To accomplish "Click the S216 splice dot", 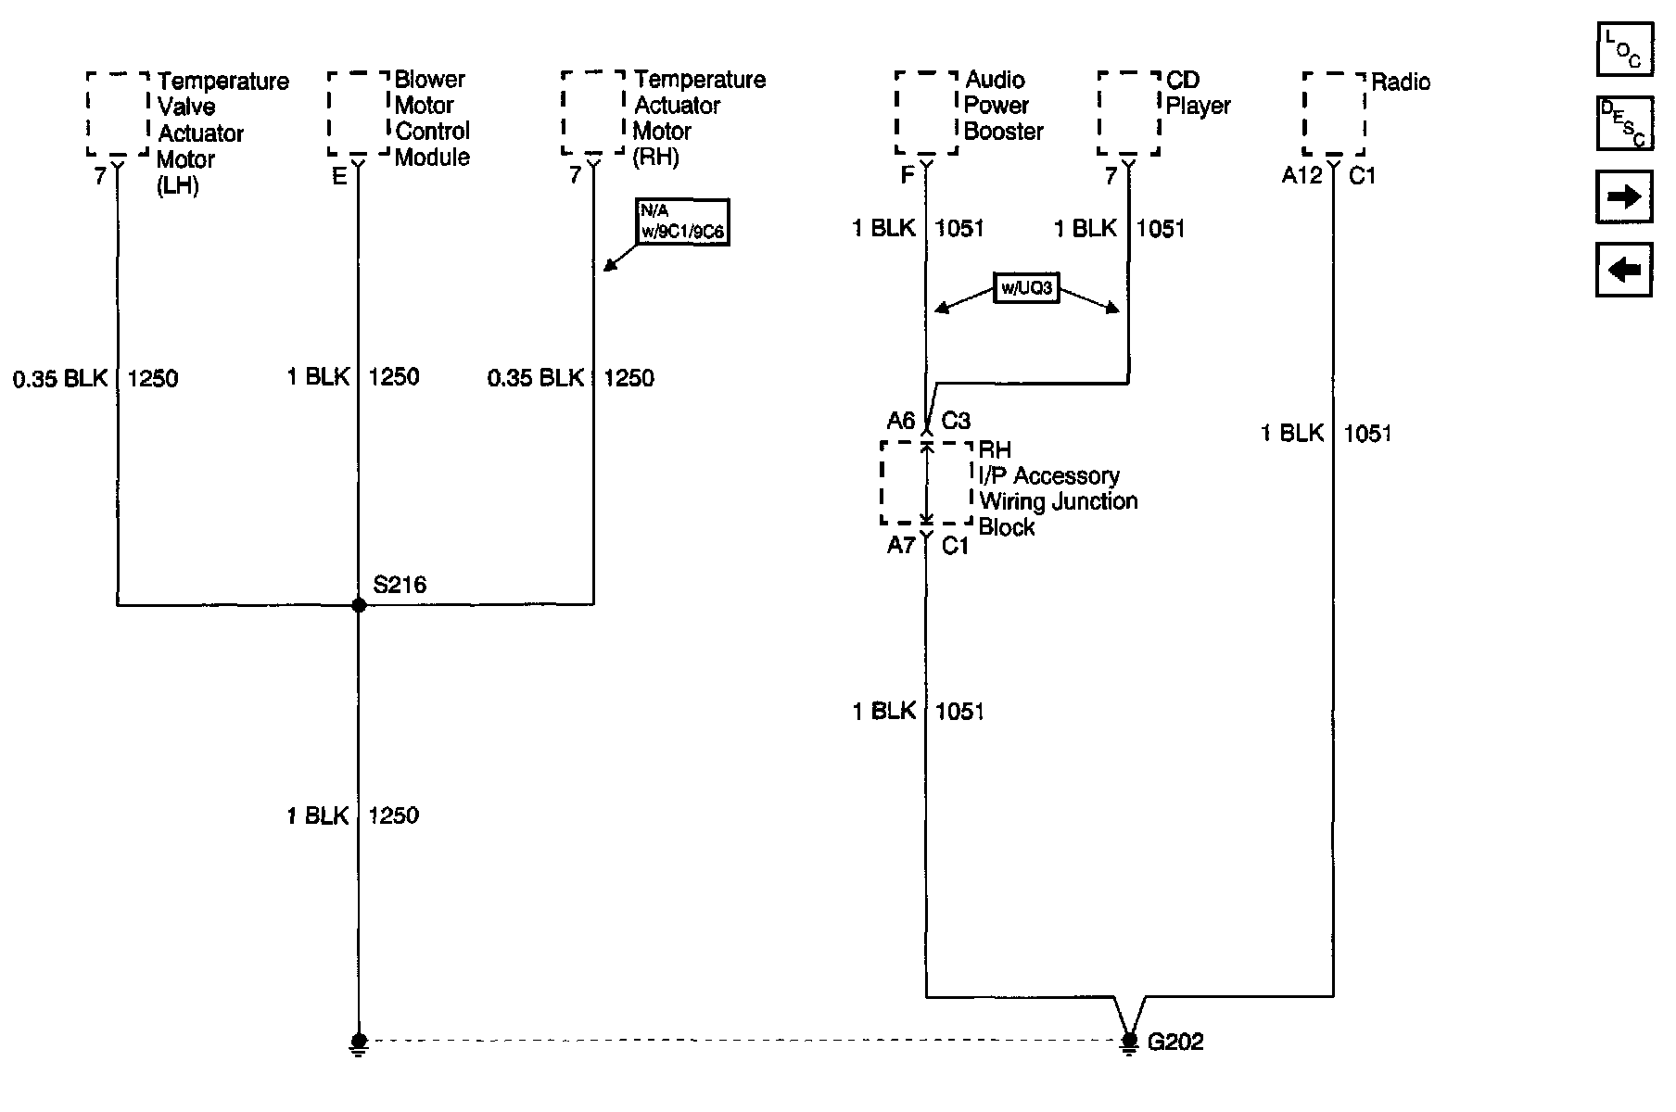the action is point(359,605).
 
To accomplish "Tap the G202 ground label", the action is point(1175,1042).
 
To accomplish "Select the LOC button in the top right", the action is point(1624,49).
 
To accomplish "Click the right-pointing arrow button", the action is point(1624,196).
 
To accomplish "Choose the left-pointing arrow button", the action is point(1624,270).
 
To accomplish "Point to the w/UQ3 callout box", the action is point(1025,288).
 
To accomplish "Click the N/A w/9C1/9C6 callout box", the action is point(682,222).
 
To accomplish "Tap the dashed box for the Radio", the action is point(1334,113).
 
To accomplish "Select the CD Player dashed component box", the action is point(1129,113).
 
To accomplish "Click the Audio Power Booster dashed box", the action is point(926,113).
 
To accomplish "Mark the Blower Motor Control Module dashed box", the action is point(359,113).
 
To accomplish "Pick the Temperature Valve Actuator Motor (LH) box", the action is point(118,113).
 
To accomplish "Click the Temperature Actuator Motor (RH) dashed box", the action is point(593,113).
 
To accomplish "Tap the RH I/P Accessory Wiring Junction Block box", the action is point(926,483).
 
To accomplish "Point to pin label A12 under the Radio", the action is point(1301,175).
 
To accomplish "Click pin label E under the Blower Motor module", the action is point(339,175).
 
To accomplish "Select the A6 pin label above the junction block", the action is point(901,422).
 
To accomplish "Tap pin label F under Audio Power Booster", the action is point(908,175).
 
